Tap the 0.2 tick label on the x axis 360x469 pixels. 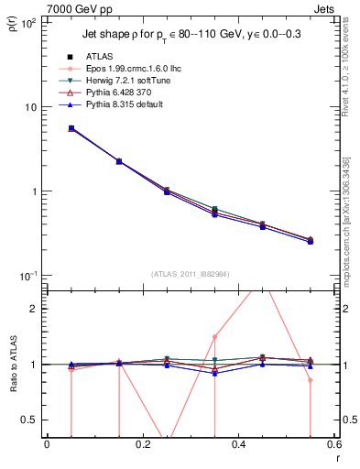(x=142, y=445)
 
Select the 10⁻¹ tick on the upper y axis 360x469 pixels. (x=29, y=276)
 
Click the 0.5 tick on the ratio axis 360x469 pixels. (x=31, y=420)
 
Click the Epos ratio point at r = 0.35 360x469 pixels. (x=214, y=336)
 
